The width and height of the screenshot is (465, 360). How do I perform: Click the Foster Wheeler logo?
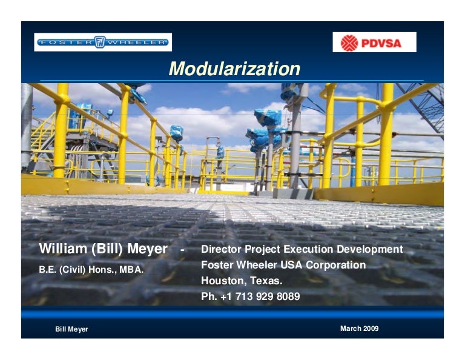[103, 42]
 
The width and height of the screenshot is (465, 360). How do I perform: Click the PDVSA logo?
[374, 42]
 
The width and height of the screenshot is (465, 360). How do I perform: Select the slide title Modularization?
[234, 68]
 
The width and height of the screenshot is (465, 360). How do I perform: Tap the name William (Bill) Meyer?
[103, 249]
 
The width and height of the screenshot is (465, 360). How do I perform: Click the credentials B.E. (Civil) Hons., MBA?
[91, 270]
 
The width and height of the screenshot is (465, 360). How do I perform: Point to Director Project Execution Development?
[302, 249]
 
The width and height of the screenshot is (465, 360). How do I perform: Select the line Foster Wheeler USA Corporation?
[283, 265]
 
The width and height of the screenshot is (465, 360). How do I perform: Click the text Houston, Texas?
[242, 281]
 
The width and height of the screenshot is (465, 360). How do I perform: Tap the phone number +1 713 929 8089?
[259, 297]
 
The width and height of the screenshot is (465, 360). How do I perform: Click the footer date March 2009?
[359, 328]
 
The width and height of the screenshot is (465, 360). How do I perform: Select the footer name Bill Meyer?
[71, 329]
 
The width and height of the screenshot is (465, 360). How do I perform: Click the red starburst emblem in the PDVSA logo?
[349, 42]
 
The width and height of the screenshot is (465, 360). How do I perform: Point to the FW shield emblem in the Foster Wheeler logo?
[101, 42]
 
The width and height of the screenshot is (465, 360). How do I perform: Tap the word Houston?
[223, 281]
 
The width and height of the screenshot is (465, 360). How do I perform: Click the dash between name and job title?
[182, 250]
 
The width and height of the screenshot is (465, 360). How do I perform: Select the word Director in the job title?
[221, 249]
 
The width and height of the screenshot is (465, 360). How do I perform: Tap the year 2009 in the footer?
[371, 328]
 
